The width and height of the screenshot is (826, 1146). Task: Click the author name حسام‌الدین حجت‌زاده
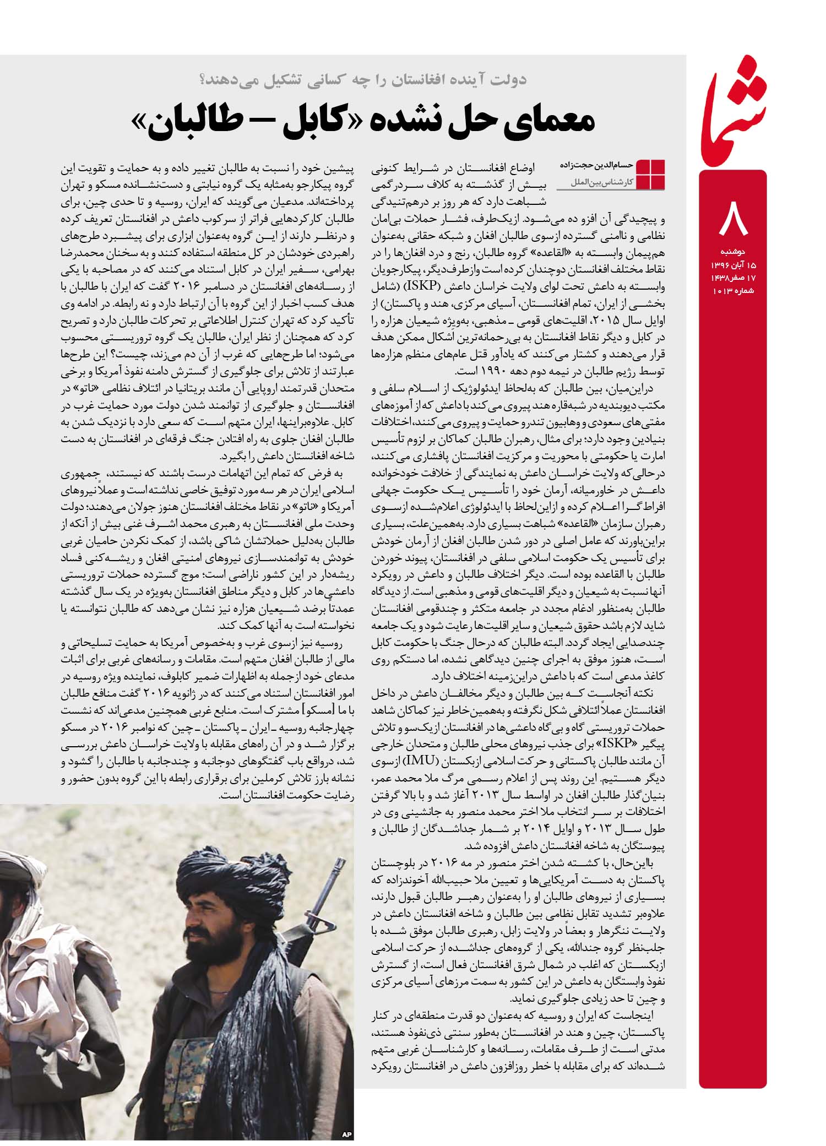pos(597,164)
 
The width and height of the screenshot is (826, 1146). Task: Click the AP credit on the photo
pos(346,1134)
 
